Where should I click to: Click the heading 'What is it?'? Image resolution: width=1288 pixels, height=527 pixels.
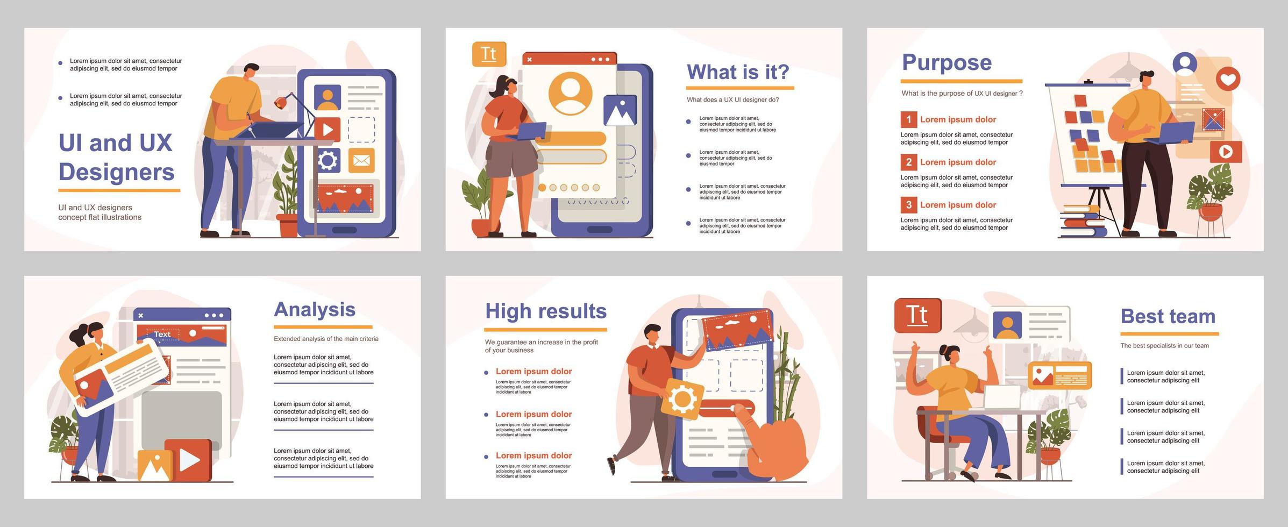point(738,72)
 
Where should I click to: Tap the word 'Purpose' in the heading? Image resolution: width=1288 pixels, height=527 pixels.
point(947,62)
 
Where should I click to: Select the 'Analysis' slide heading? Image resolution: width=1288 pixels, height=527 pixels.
point(315,310)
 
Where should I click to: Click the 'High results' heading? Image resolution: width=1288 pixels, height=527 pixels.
point(545,311)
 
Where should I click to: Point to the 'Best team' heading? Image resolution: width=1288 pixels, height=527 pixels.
point(1168,317)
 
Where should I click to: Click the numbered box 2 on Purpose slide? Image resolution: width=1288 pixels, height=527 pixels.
point(908,162)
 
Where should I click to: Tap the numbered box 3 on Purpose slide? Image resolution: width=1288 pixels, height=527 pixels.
point(908,205)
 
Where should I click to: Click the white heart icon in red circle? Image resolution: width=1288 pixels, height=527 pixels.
point(1228,80)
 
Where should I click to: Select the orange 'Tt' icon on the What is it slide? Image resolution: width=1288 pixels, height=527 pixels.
point(488,54)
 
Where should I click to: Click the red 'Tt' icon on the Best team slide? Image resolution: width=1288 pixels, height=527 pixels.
point(917,316)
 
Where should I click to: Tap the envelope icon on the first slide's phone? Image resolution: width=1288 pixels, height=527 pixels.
point(361,160)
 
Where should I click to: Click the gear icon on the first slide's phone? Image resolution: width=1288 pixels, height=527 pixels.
point(328,160)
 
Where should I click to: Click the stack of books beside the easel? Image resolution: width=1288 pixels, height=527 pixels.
point(1082,222)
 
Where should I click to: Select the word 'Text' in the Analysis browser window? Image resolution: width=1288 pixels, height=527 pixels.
point(162,334)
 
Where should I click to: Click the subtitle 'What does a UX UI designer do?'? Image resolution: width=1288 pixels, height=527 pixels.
point(732,100)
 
